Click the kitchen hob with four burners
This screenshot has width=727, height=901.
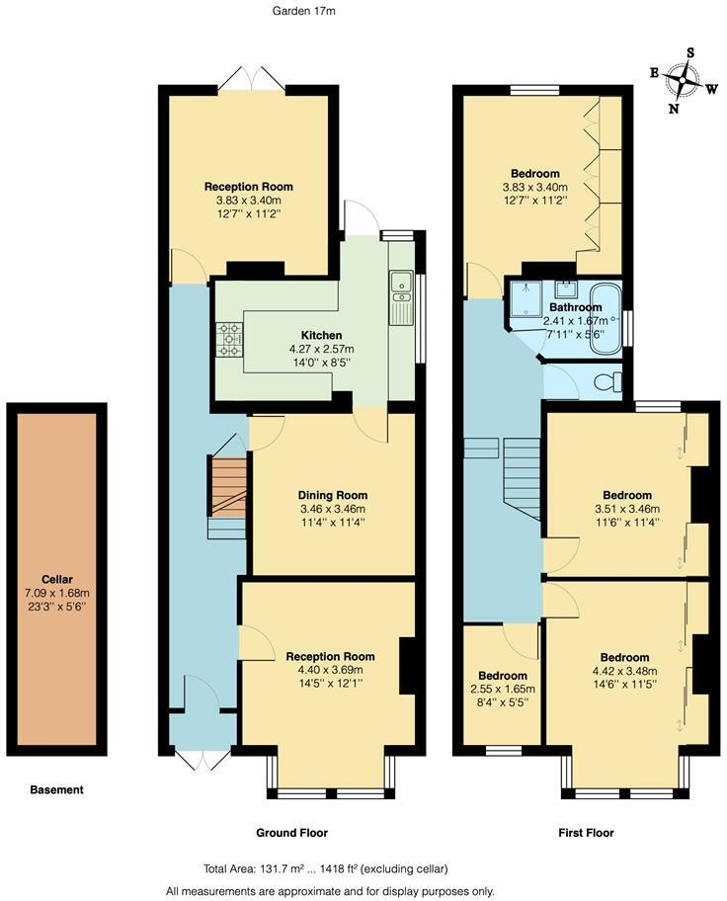[229, 340]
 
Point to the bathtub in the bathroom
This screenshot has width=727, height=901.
[605, 318]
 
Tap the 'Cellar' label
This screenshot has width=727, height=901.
[56, 580]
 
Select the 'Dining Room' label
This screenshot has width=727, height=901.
[333, 496]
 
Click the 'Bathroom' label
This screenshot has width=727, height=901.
[576, 307]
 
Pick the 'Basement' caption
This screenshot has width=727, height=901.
[56, 789]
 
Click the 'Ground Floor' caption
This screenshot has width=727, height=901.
[292, 833]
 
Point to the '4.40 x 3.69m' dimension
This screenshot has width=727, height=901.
[330, 670]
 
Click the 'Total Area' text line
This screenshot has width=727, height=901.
[326, 868]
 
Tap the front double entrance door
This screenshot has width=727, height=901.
[202, 759]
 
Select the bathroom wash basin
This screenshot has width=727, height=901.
[566, 289]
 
